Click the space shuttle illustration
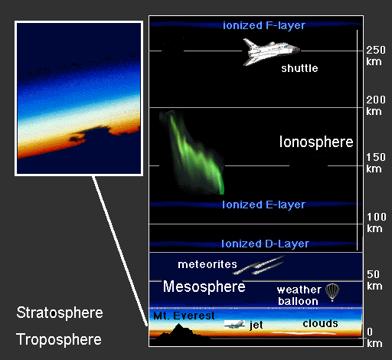pos(270,51)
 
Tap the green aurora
pos(194,153)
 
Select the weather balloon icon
pos(332,293)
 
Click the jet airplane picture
pos(234,324)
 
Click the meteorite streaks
pos(258,266)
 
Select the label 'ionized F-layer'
pos(264,25)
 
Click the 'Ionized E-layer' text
pos(263,205)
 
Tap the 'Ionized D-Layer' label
pos(265,244)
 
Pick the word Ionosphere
pos(316,142)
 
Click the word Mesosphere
pos(204,286)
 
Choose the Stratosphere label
pos(60,313)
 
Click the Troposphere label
pos(59,339)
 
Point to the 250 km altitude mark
pos(376,56)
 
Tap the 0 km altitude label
pos(374,338)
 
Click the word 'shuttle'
pos(299,68)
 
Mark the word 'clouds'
pos(321,323)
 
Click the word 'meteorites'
pos(207,264)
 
